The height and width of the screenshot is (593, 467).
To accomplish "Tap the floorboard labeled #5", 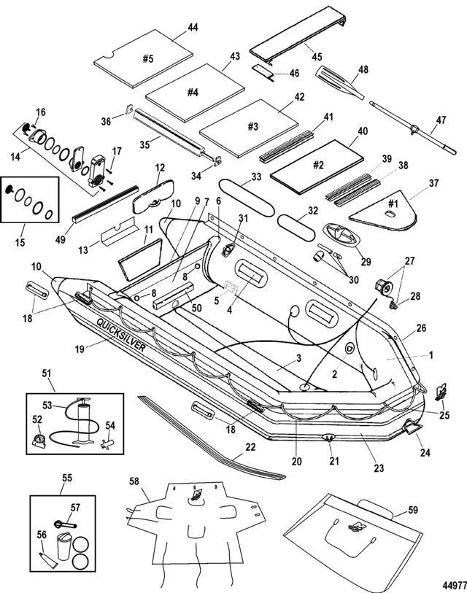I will (145, 58).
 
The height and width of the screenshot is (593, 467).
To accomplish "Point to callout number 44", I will (193, 27).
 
